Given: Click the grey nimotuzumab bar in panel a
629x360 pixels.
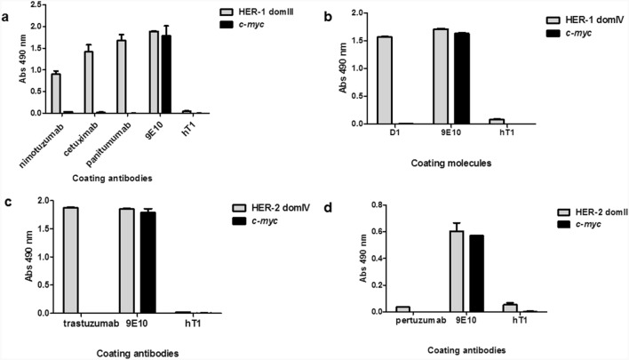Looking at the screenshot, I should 55,93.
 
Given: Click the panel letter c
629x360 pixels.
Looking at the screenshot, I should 7,198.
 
